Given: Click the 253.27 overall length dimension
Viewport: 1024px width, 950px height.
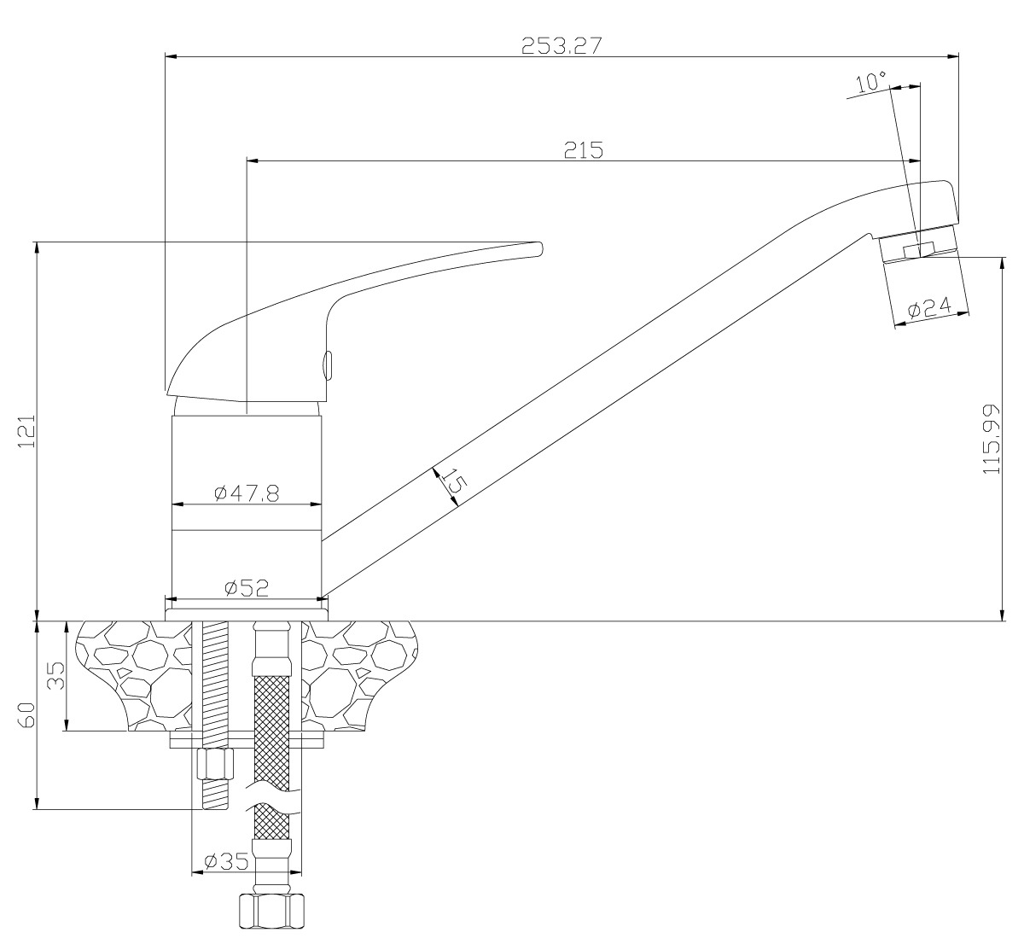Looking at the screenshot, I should [x=561, y=47].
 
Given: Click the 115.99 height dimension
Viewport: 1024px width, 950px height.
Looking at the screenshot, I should [x=992, y=440].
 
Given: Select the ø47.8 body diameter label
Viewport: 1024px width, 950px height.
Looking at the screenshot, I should [x=247, y=493].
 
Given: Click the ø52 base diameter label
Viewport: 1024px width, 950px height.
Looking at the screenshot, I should [x=247, y=587].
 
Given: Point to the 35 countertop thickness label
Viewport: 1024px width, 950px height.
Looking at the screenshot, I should [x=55, y=676].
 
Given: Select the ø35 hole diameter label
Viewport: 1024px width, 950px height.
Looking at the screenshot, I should [x=226, y=861].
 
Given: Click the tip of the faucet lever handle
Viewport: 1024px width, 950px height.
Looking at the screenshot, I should [x=538, y=248].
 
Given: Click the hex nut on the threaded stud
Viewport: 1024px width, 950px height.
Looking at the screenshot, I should [x=215, y=764].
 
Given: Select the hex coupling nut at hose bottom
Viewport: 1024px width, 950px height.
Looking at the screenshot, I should [x=271, y=911].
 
